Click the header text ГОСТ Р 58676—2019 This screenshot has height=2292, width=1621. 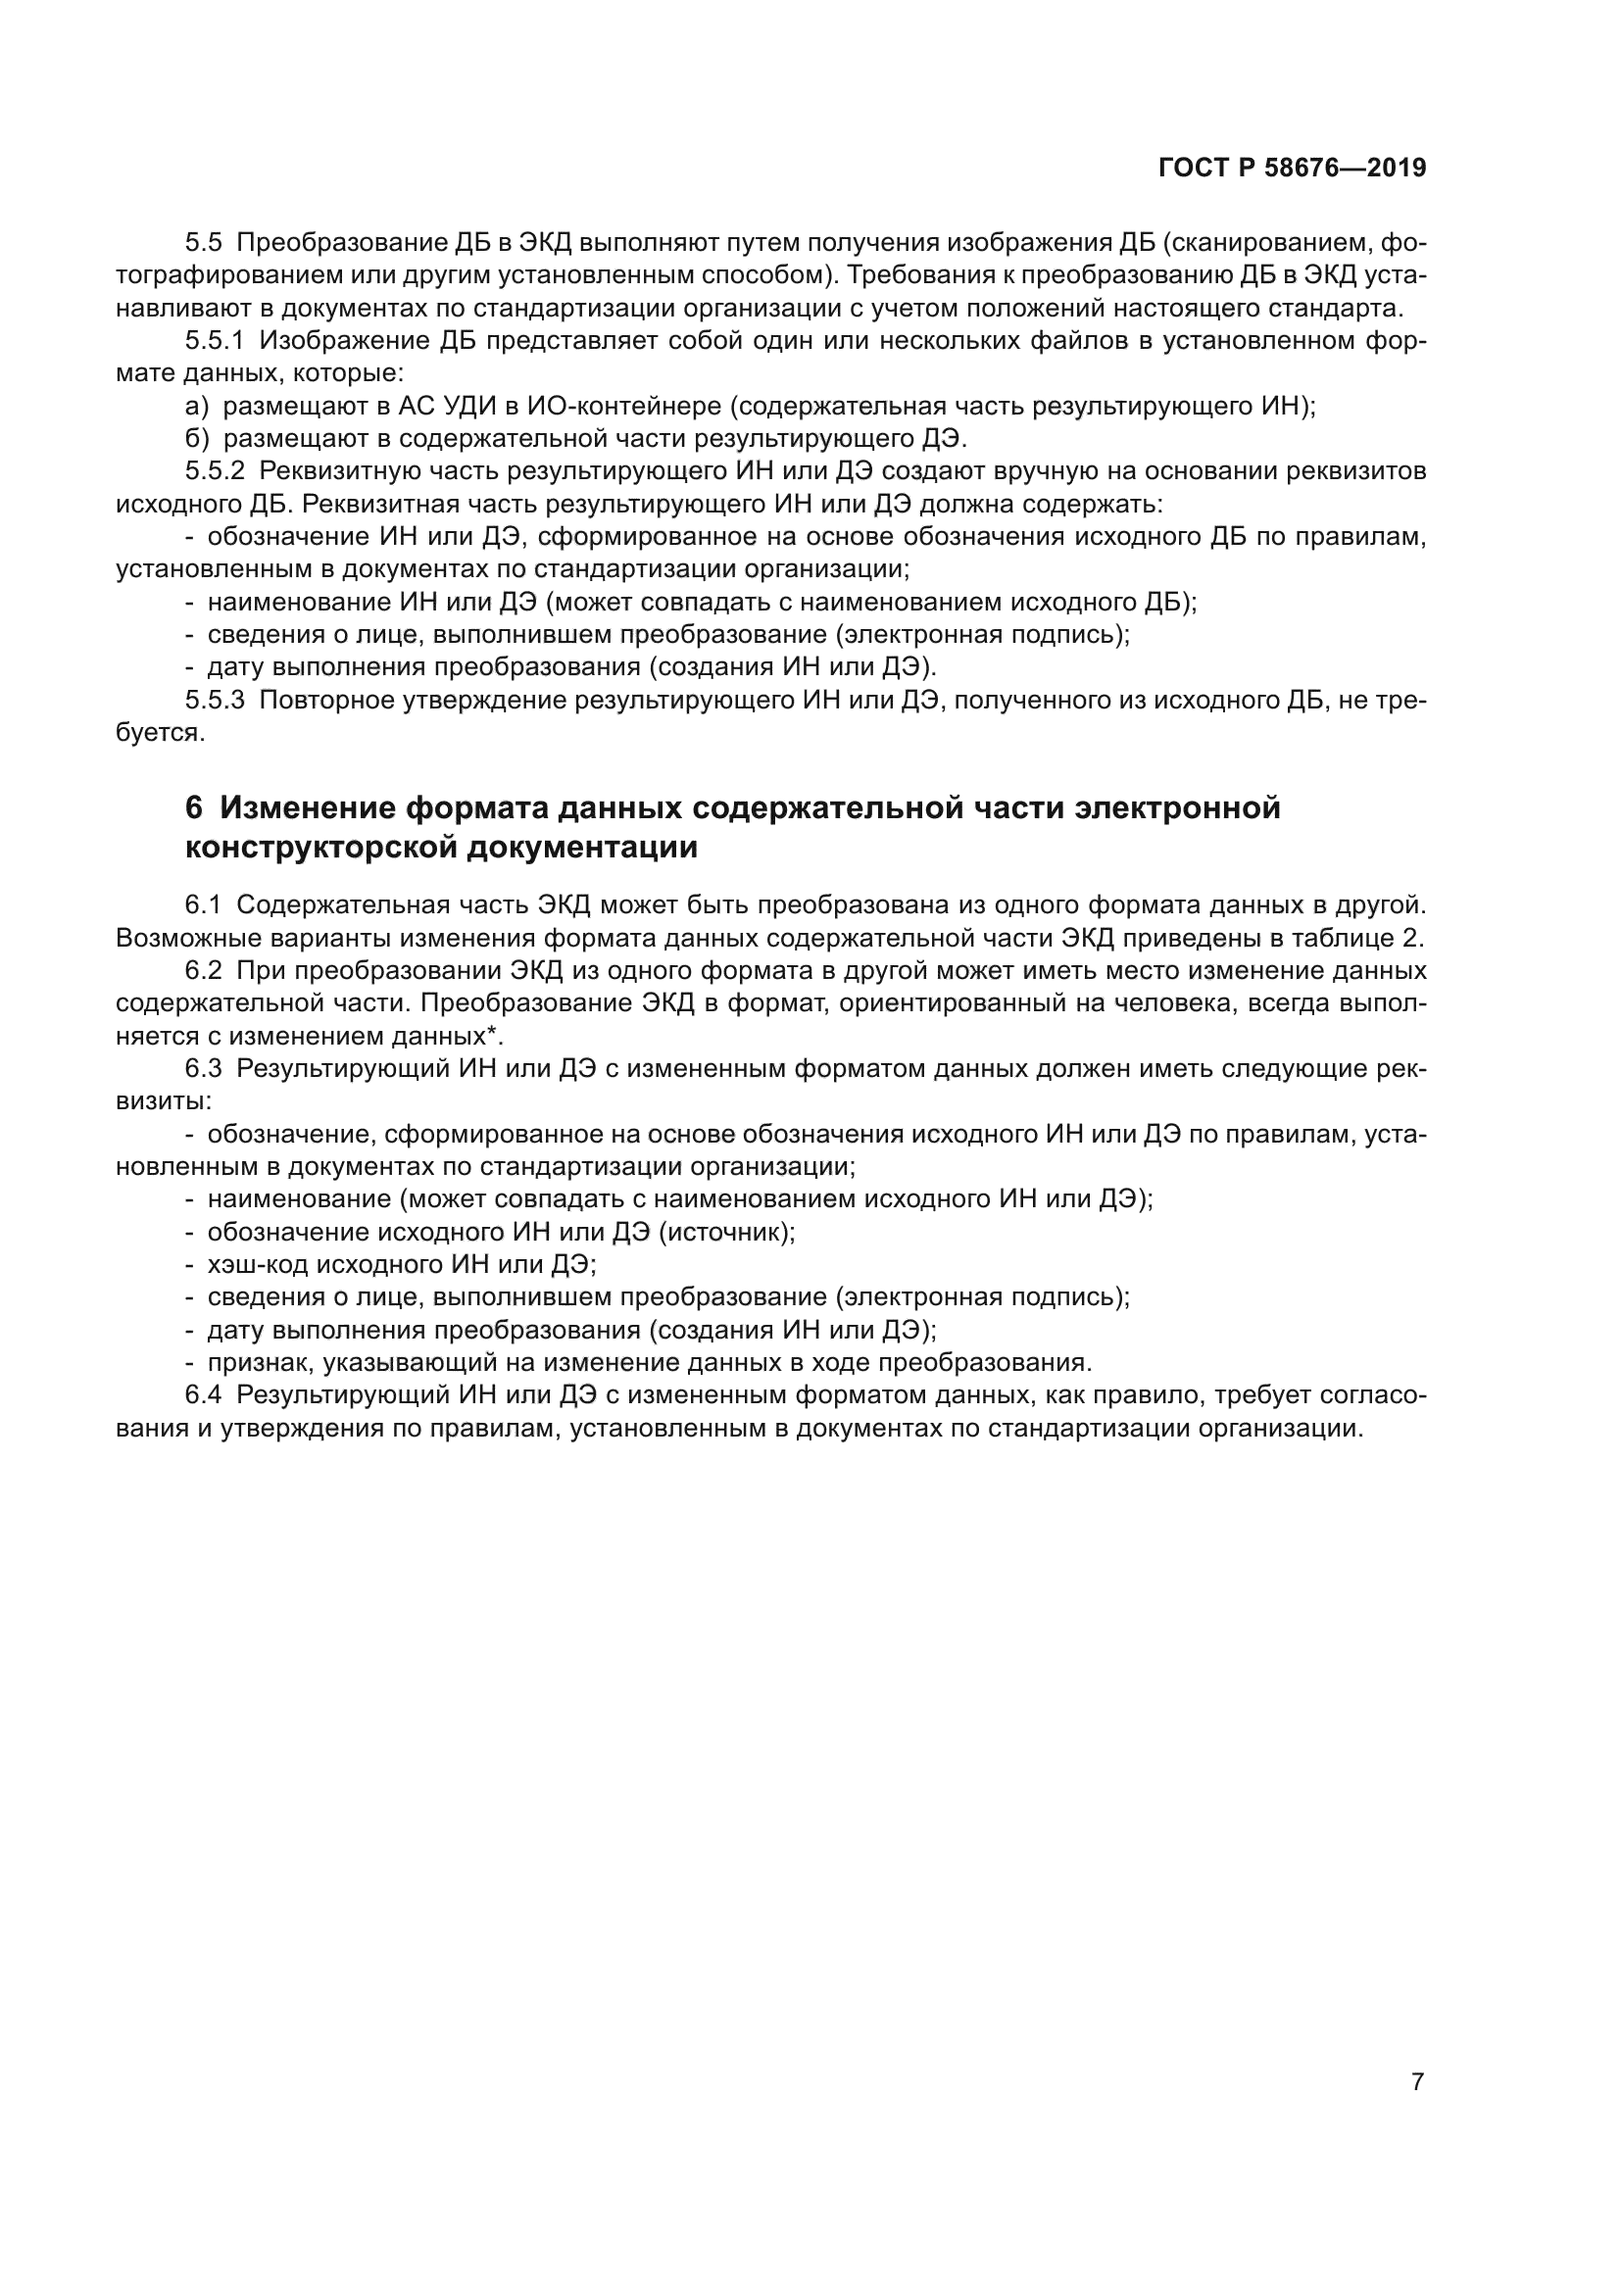[1292, 169]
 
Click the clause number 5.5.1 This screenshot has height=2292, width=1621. [214, 340]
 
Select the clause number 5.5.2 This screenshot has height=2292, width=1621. [214, 471]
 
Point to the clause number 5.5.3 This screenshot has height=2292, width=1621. [214, 700]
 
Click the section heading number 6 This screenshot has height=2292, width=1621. [194, 806]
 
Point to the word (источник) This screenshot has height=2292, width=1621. [726, 1232]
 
